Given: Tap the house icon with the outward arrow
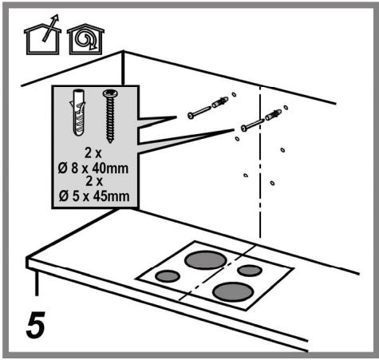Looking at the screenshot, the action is click(x=42, y=37).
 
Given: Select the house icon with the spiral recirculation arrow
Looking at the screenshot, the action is click(x=85, y=39).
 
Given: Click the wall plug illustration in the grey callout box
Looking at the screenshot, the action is click(x=79, y=113).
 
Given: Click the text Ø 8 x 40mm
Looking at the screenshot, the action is click(x=93, y=168).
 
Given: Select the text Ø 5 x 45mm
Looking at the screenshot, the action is click(x=94, y=196).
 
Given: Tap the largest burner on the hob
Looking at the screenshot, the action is click(x=206, y=260).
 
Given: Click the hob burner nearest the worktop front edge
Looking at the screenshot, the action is click(x=233, y=291).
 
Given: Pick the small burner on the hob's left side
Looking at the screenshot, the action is click(x=168, y=276).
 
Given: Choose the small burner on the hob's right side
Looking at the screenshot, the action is click(x=250, y=271).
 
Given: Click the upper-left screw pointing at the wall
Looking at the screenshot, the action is click(x=199, y=113).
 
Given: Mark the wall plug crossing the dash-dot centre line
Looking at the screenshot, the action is click(x=273, y=115).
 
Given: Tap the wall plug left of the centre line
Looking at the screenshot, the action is click(x=219, y=102).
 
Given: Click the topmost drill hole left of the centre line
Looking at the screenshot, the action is click(x=234, y=94).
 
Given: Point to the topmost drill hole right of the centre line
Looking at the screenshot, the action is click(x=286, y=108).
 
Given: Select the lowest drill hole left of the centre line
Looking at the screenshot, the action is click(x=246, y=176).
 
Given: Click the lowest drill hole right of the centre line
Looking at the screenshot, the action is click(x=272, y=183).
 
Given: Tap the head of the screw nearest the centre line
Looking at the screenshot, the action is click(x=244, y=129).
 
